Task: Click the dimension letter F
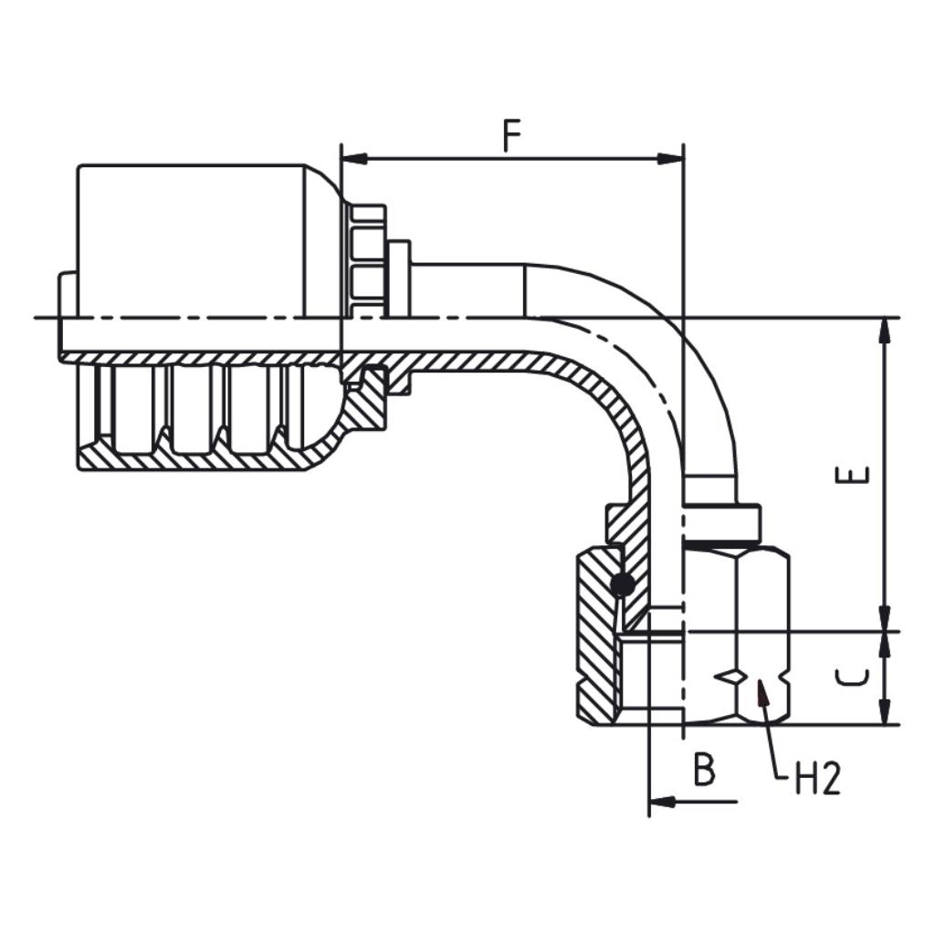[x=511, y=136]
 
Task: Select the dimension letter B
[x=703, y=771]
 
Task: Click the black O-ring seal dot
[x=622, y=584]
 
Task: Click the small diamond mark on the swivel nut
[x=730, y=677]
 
